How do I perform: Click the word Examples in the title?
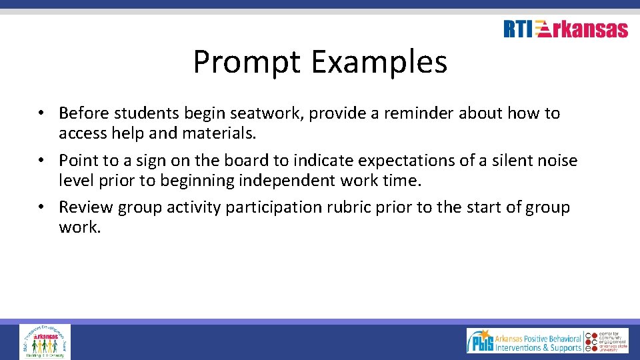379,63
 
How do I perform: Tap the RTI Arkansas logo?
565,29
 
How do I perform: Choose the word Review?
86,207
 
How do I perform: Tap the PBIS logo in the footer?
524,340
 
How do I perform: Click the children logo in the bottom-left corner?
45,341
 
